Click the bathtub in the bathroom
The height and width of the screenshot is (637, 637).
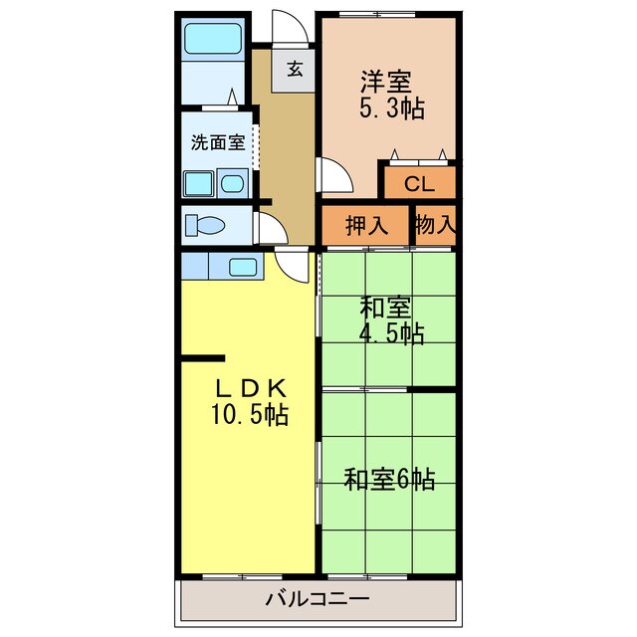pos(213,39)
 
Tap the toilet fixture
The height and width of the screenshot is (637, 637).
pos(206,224)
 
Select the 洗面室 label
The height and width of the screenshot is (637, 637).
pos(218,142)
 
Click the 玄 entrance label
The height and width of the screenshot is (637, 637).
pos(296,69)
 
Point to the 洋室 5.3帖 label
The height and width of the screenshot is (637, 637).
pos(390,96)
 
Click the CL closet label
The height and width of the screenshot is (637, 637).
pos(419,183)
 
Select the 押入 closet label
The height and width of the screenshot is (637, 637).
pos(366,226)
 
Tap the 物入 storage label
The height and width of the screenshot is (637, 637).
pos(435,225)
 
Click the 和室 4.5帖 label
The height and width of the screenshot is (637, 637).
pos(390,320)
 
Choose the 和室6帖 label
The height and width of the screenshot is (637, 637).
pos(389,479)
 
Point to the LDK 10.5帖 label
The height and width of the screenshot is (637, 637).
pos(248,401)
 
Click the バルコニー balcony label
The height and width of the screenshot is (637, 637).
pos(318,599)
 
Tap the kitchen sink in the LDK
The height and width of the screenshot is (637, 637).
pos(244,267)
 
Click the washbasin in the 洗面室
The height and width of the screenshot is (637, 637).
pos(233,183)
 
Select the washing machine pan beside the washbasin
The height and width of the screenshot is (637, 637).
pos(198,183)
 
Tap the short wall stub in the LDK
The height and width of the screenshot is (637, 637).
pos(202,357)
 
